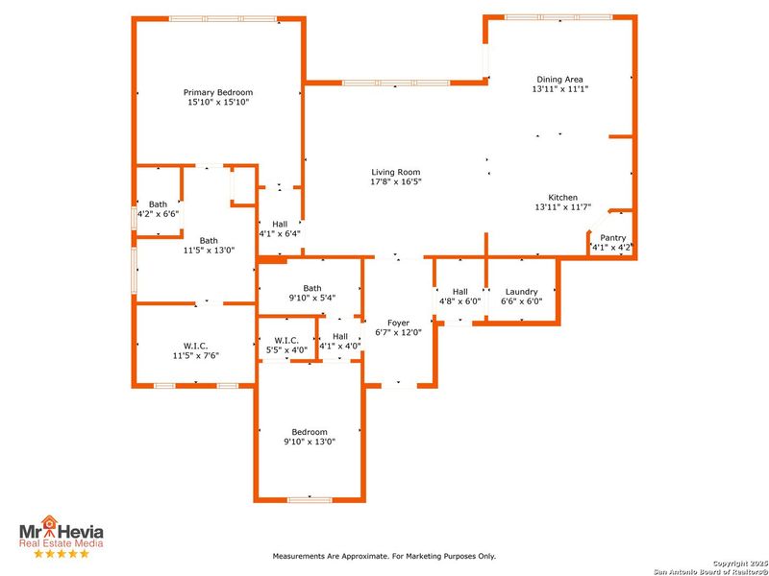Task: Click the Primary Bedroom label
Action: click(x=218, y=92)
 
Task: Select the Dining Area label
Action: click(x=559, y=79)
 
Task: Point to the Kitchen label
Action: click(x=562, y=197)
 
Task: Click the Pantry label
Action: click(x=612, y=237)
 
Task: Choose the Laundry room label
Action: click(x=522, y=291)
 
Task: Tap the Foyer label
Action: click(x=398, y=323)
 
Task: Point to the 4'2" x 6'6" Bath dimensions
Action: click(x=158, y=213)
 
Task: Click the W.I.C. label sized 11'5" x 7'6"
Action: click(x=196, y=346)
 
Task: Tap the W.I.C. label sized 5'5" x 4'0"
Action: click(x=286, y=340)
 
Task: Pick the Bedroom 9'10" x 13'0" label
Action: click(x=310, y=432)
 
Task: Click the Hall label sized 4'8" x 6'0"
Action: click(x=459, y=291)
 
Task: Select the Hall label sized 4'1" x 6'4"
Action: click(x=280, y=224)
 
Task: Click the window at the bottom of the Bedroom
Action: click(x=310, y=499)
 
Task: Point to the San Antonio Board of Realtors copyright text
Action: click(x=710, y=568)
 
